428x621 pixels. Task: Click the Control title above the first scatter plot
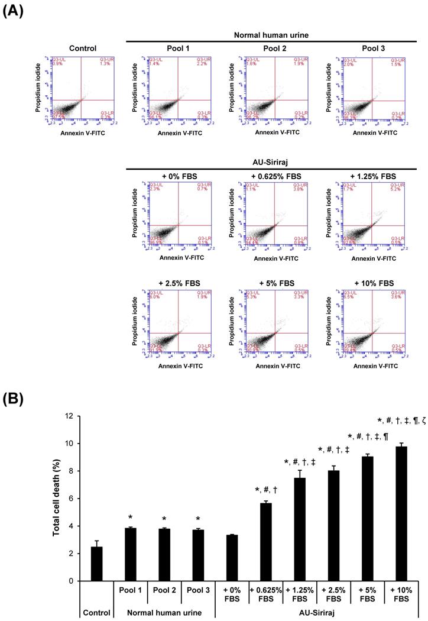pyautogui.click(x=83, y=48)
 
